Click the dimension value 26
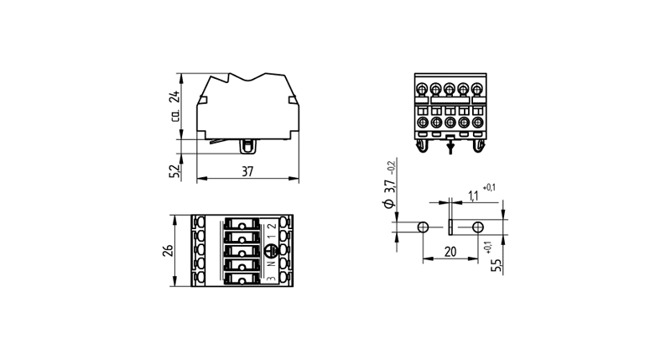[167, 252]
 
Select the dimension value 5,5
[496, 265]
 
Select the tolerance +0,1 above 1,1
[489, 186]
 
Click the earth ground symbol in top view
[271, 251]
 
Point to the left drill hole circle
[424, 227]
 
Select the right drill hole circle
[477, 227]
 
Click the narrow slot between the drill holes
[450, 227]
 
